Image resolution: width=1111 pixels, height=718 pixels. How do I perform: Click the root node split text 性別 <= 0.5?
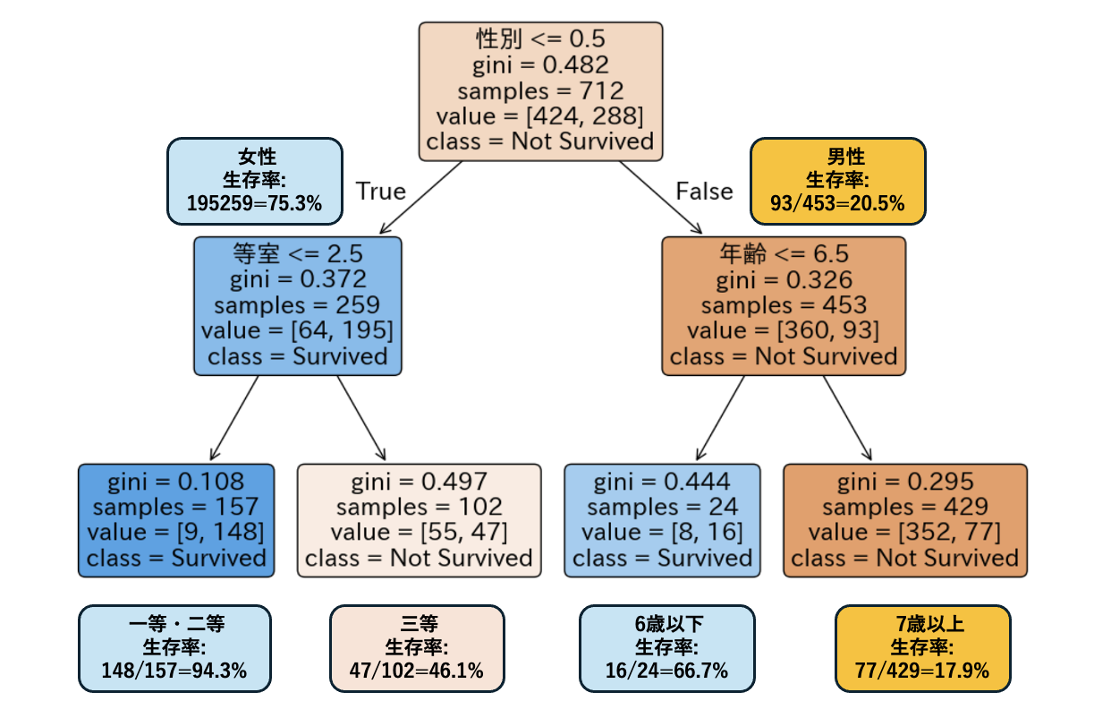point(540,39)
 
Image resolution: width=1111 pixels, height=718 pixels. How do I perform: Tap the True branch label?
point(381,192)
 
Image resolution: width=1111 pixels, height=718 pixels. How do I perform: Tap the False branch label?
point(704,192)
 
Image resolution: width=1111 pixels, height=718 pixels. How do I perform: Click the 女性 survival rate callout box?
point(254,181)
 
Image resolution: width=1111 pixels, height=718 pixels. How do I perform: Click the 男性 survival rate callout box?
point(838,181)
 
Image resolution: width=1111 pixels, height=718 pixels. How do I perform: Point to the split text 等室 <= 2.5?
point(297,253)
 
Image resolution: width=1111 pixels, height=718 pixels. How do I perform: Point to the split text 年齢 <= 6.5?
point(783,253)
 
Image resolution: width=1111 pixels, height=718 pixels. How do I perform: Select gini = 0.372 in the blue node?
point(297,279)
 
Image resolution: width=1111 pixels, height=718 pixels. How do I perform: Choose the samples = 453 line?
point(783,305)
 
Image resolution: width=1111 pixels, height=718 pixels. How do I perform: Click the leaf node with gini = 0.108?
point(176,520)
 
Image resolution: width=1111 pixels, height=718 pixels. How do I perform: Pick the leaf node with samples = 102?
point(419,520)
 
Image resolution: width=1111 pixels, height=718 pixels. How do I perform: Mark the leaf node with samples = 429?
point(904,520)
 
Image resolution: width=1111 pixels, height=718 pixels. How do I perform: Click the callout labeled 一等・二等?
point(174,648)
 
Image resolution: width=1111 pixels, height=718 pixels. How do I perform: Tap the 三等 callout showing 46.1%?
point(417,648)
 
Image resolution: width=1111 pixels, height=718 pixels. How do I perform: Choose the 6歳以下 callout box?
point(666,648)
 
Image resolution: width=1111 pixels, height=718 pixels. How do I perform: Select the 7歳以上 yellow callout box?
point(922,648)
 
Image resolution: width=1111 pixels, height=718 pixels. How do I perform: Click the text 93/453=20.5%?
point(838,203)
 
